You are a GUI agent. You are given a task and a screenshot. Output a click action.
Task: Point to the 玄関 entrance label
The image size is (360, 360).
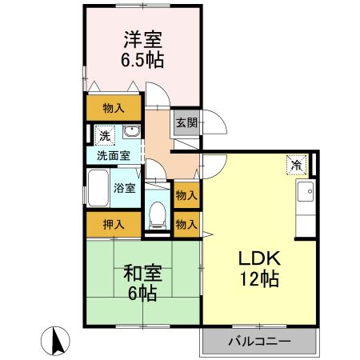point(186,123)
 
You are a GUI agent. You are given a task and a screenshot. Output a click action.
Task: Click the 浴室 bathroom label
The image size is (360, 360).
point(124,189)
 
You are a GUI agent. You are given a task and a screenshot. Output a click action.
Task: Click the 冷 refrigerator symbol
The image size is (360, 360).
point(296,166)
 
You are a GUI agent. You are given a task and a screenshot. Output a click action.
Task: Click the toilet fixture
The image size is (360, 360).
point(157,214)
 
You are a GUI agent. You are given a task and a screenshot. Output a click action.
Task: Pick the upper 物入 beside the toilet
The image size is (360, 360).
point(186,195)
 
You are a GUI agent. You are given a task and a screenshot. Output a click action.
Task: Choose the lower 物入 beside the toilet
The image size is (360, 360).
point(186,225)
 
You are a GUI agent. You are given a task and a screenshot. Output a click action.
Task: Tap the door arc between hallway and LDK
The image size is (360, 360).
point(210,167)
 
